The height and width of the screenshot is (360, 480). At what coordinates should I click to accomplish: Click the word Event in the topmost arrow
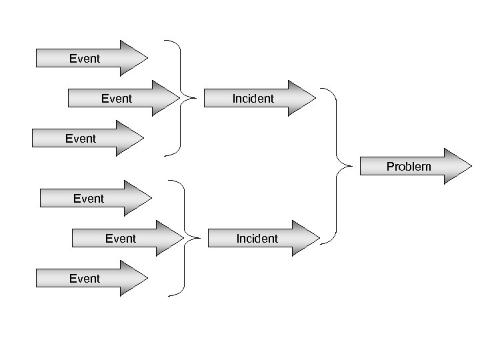pyautogui.click(x=85, y=59)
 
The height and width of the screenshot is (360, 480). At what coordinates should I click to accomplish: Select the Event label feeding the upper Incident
pyautogui.click(x=117, y=99)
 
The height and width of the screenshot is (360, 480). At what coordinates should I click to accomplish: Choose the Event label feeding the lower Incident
pyautogui.click(x=121, y=238)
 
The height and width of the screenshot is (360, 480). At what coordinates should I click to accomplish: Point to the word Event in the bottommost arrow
pyautogui.click(x=85, y=278)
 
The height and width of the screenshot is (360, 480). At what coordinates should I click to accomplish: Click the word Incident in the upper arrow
pyautogui.click(x=253, y=99)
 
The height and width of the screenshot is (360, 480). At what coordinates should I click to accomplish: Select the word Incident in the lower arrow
pyautogui.click(x=257, y=238)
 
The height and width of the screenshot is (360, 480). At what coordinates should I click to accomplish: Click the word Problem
pyautogui.click(x=409, y=167)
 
